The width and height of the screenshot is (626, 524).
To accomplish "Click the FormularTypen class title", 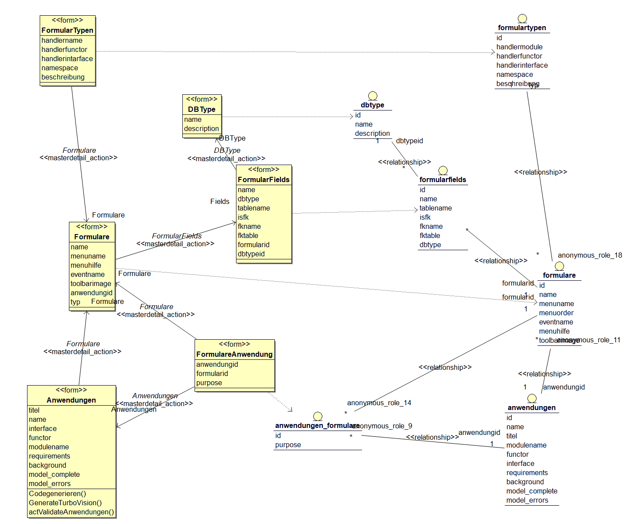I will coord(67,30).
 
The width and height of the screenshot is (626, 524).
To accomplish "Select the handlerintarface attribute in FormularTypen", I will coord(67,59).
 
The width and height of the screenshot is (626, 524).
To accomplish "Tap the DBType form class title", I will coord(202,109).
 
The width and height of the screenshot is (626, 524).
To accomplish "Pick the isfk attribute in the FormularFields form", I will coord(243,217).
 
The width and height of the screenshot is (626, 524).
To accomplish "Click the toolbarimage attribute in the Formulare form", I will coord(91,283).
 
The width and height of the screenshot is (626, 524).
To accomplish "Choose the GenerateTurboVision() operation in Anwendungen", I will coord(65,503).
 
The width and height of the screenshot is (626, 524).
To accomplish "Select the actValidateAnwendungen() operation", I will coord(71,512).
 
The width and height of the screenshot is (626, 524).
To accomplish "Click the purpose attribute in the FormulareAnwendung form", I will coord(209,383).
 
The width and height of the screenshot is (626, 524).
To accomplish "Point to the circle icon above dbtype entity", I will coord(373,96).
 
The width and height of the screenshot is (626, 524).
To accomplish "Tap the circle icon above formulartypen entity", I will coord(522,19).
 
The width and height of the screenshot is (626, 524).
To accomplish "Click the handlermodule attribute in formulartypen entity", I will coord(519,47).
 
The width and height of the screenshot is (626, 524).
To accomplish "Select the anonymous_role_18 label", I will coord(590,255).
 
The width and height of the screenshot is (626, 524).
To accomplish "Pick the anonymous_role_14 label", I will coord(379,403).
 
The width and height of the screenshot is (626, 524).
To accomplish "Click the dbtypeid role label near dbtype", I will coord(409,141).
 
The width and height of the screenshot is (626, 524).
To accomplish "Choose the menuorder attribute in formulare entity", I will coord(556,313).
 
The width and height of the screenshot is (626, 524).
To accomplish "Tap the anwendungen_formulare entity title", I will coord(317,425).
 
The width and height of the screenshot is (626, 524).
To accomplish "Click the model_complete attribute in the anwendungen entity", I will coord(532,491).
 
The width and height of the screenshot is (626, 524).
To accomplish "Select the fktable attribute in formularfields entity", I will coord(430,235).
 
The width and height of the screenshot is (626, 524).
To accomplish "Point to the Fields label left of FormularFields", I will coord(219,201).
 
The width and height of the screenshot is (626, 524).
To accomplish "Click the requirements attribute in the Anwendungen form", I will coord(49,456).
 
